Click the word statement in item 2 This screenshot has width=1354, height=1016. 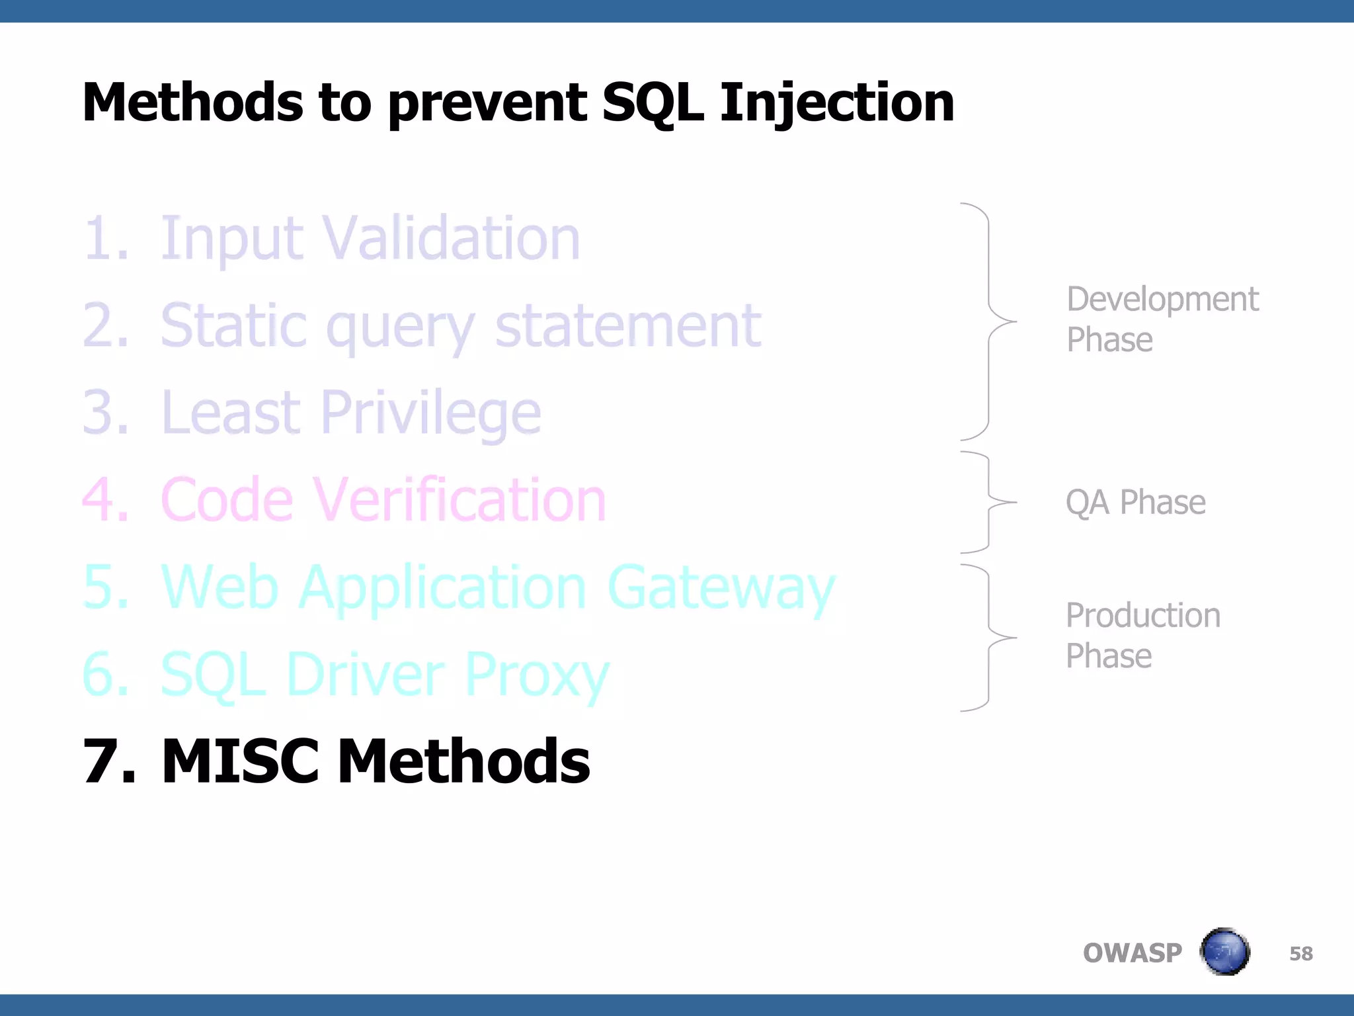pos(627,325)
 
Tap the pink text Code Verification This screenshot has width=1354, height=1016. pos(383,500)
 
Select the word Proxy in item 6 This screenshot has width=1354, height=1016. pos(536,675)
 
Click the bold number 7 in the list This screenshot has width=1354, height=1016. pos(106,762)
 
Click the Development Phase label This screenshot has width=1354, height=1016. pos(1162,319)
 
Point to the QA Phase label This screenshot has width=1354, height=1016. pos(1135,502)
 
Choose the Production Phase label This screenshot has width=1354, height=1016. pos(1142,636)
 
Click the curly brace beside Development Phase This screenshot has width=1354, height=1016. pos(990,321)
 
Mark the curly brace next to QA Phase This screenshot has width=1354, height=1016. pos(990,502)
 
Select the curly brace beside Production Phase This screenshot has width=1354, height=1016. pos(990,638)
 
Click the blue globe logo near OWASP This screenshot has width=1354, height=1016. pos(1224,952)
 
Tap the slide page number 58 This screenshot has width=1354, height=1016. pos(1300,953)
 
